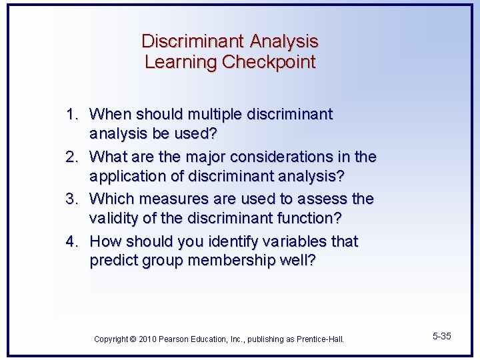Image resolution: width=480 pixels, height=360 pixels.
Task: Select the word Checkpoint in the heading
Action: tap(269, 63)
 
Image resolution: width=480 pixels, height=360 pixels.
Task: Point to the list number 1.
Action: tap(71, 115)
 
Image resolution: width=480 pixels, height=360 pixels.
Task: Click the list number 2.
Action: tap(71, 157)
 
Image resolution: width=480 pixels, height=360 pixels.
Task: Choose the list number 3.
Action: tap(71, 199)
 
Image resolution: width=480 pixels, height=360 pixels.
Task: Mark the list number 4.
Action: tap(71, 241)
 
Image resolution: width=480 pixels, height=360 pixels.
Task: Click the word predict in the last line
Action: tap(114, 261)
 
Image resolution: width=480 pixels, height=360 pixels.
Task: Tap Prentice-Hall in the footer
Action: tap(320, 339)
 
